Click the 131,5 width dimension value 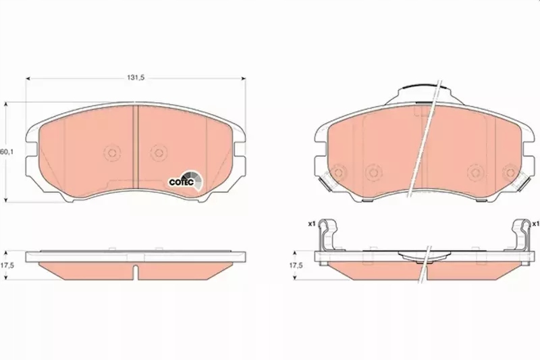136,77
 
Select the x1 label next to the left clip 312,224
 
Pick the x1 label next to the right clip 535,224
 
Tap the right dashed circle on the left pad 158,153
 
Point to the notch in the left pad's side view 136,272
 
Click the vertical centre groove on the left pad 136,149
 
